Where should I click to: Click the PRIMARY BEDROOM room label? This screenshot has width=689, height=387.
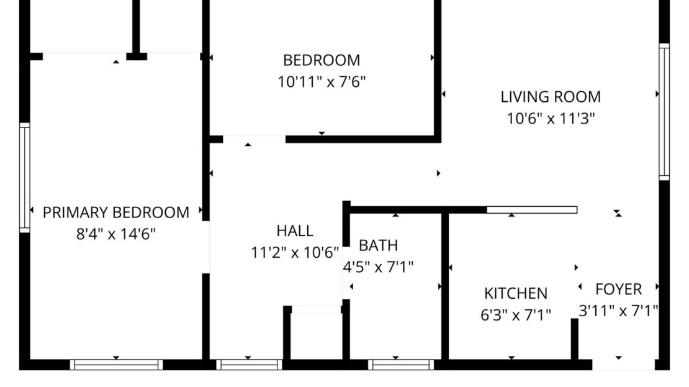pos(116,212)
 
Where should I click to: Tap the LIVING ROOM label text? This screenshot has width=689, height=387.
pos(551,97)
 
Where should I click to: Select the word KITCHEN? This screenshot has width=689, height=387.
pos(516,293)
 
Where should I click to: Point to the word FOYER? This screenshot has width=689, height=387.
pos(618,289)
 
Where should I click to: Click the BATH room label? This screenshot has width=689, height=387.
pos(378,245)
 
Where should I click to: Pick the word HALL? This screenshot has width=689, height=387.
pos(295,231)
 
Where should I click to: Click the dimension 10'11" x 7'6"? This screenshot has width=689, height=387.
pos(322,81)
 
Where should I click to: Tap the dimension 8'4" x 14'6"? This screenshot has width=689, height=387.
pos(116,234)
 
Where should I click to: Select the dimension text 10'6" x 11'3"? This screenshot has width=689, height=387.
pos(551,118)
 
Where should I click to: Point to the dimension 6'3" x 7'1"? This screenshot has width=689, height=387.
pos(516,315)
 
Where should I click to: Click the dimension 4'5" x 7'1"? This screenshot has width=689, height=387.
pos(379,267)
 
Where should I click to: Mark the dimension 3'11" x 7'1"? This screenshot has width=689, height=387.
pos(618,311)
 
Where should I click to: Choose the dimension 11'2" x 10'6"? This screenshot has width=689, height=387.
pos(295,253)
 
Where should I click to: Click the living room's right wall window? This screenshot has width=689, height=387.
pos(664,112)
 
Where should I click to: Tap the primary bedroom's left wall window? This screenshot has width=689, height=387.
pos(25,178)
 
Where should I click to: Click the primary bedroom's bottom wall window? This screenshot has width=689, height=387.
pos(116,365)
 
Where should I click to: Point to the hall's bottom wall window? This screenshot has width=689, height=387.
pos(249,365)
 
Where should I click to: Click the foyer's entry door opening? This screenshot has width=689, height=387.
pos(623,365)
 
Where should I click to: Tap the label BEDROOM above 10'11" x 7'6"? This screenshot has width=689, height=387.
pos(322,60)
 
